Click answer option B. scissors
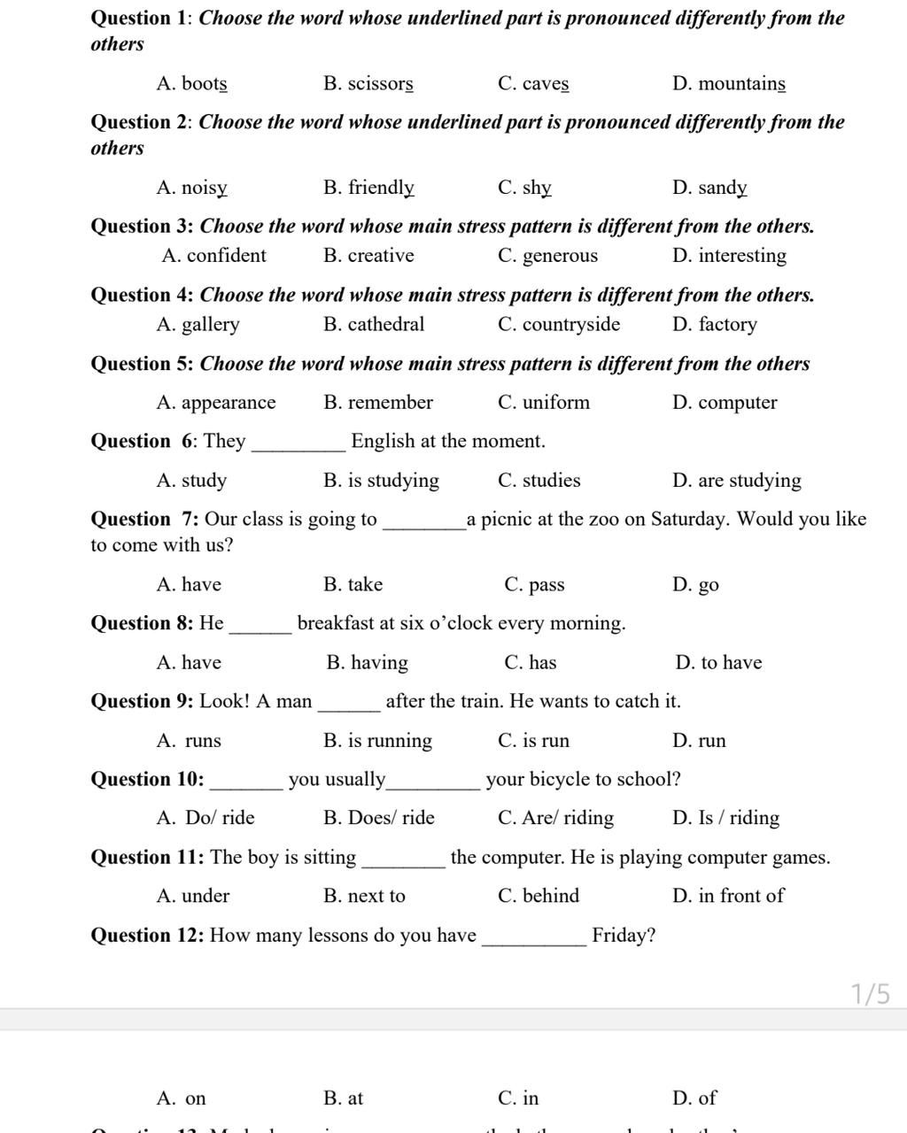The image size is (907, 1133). [368, 84]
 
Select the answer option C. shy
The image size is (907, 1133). [524, 188]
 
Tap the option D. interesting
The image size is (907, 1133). [729, 256]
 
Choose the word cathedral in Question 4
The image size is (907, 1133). [386, 325]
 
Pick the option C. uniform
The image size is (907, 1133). [543, 403]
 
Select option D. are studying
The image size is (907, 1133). [736, 481]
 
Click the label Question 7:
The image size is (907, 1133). [145, 520]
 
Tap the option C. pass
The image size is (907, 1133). [533, 585]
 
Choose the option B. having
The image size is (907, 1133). [367, 663]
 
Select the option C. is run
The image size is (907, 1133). [533, 741]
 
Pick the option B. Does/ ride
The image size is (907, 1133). [379, 818]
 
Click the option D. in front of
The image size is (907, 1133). [728, 896]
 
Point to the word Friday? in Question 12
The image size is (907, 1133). [624, 936]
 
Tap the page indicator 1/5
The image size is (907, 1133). [871, 994]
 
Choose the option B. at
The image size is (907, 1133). [344, 1098]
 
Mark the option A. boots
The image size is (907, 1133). [191, 84]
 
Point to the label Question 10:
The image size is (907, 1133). [148, 780]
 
